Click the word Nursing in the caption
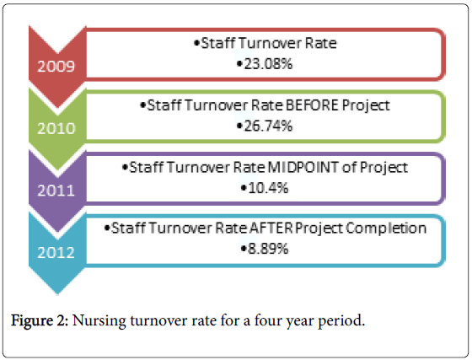point(109,323)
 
